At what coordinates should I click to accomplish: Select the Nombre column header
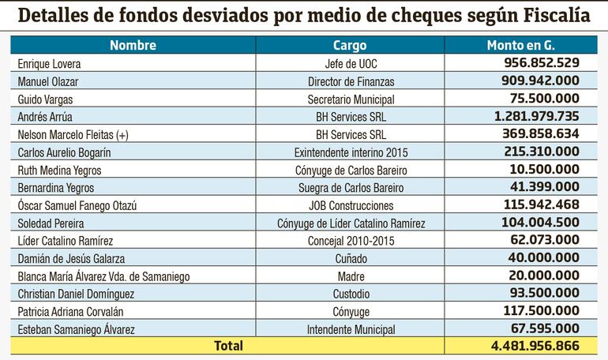[x=133, y=45]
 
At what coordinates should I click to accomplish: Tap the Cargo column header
[x=350, y=45]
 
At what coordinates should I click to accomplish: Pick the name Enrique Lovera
[x=49, y=63]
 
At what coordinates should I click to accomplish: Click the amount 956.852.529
[x=541, y=62]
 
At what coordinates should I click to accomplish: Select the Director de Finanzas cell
[x=350, y=81]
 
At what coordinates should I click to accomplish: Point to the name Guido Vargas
[x=45, y=99]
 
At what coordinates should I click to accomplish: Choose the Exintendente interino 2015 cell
[x=350, y=152]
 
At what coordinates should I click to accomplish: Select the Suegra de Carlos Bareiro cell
[x=350, y=187]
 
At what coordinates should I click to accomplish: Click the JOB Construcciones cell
[x=350, y=205]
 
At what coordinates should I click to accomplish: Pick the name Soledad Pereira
[x=50, y=223]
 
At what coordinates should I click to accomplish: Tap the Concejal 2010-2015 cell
[x=350, y=241]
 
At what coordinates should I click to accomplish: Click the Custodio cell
[x=350, y=294]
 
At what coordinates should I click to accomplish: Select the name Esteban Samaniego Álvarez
[x=74, y=329]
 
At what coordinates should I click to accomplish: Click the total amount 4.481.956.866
[x=535, y=346]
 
